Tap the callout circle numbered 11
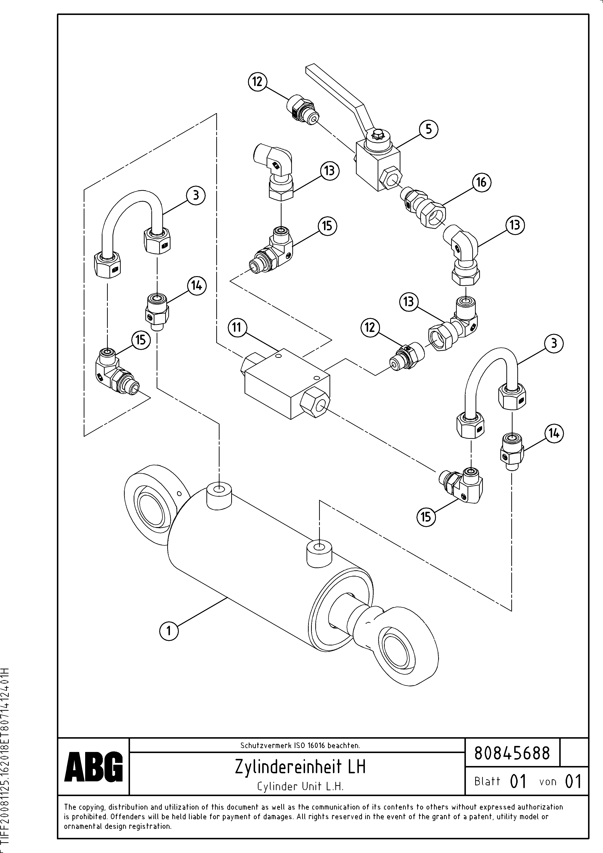click(237, 327)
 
